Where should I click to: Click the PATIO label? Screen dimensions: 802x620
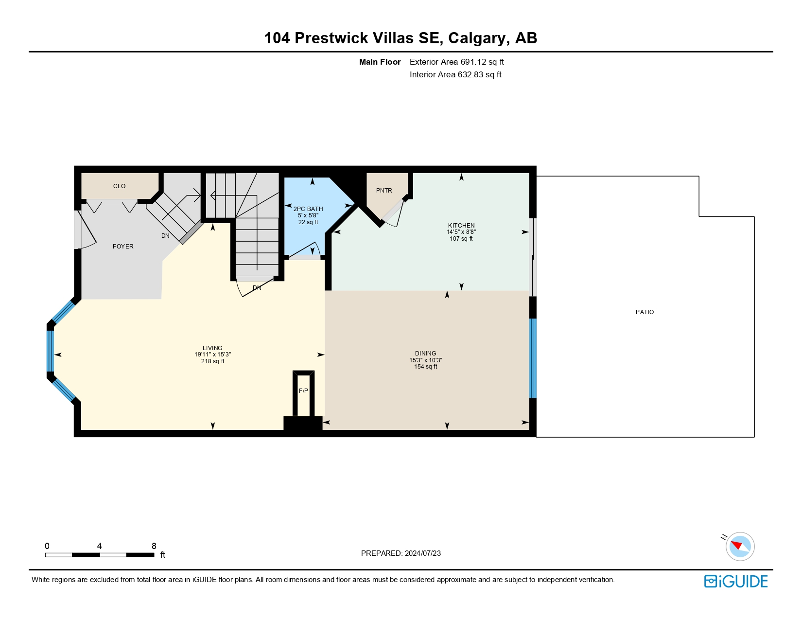tap(645, 312)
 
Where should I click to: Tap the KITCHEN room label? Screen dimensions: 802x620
tap(461, 225)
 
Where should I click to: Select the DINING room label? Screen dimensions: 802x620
tap(425, 354)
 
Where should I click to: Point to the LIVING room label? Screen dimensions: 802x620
tap(212, 348)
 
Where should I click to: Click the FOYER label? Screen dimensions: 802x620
tap(123, 247)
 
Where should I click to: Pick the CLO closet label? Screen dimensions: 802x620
tap(119, 186)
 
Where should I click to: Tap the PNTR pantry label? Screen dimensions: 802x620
tap(384, 191)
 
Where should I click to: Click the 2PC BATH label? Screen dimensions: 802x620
tap(308, 209)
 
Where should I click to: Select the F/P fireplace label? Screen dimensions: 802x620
tap(303, 390)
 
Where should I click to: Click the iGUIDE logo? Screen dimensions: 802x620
tap(735, 581)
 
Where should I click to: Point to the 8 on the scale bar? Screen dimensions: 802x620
tap(154, 546)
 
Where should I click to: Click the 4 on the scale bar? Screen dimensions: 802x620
tap(99, 546)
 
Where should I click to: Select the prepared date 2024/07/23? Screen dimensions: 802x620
tap(422, 553)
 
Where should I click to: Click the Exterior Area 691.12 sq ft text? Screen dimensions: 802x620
tap(456, 62)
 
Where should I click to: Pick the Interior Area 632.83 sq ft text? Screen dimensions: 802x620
tap(455, 74)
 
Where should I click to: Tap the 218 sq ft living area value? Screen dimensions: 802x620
tap(212, 361)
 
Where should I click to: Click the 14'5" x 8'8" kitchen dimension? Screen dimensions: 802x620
tap(461, 232)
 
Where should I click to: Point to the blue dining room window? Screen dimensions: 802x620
tap(533, 358)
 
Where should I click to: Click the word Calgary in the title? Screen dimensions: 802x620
tap(476, 38)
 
